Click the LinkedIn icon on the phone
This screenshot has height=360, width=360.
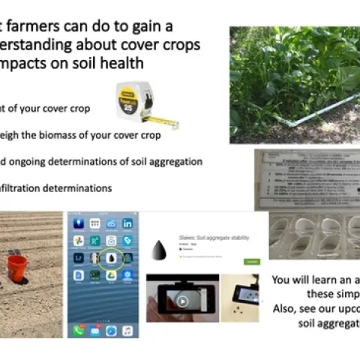coord(127,224)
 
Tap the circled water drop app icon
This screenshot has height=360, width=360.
coord(111,257)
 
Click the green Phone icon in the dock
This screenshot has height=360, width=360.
coord(77,330)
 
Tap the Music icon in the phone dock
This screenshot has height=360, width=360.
coord(128,330)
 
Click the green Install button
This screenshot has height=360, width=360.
coord(252,261)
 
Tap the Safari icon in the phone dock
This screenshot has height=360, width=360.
coord(111,330)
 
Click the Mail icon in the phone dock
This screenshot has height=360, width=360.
coord(94,330)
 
